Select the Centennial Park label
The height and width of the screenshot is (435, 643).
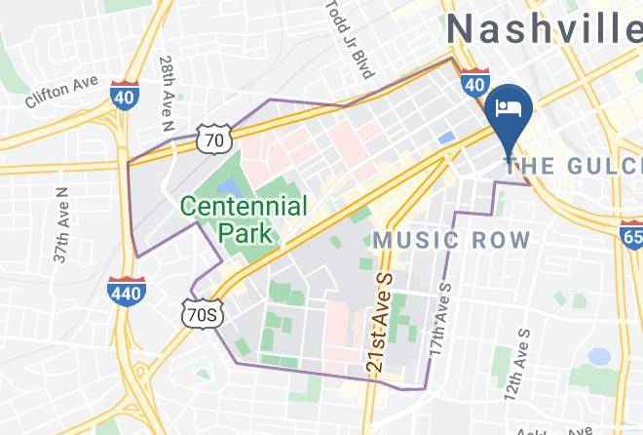[x=244, y=219]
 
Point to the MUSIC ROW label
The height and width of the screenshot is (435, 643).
[x=452, y=240]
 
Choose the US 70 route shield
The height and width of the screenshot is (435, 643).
[x=213, y=140]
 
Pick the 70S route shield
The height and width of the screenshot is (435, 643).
[x=203, y=312]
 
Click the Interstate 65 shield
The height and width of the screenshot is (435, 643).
[x=631, y=235]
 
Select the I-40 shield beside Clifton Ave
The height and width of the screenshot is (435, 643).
[x=123, y=96]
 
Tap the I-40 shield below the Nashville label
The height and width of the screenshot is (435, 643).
[x=474, y=84]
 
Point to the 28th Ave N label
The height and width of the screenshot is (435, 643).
[x=167, y=96]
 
